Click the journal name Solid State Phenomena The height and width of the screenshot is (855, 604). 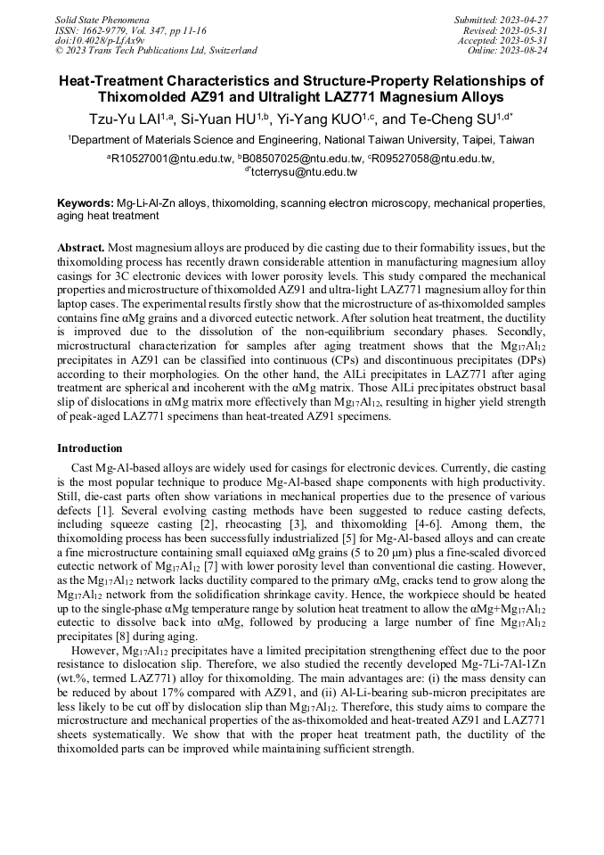pos(102,19)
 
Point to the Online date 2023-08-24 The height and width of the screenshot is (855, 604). pos(526,51)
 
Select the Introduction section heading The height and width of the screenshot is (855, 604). pos(90,448)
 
